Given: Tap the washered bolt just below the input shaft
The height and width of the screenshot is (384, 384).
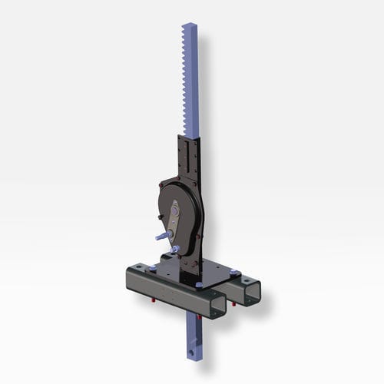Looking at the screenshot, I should pyautogui.click(x=176, y=250).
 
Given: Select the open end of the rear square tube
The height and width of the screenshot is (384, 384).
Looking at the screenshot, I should pyautogui.click(x=250, y=291).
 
